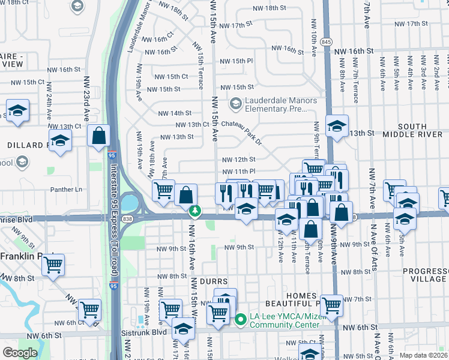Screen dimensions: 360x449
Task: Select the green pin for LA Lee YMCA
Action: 241,319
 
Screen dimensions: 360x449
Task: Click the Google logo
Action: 20,353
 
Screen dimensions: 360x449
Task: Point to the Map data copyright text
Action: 424,355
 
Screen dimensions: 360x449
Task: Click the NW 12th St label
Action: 239,160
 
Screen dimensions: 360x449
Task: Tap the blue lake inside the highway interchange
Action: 128,203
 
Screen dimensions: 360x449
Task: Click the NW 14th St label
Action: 175,113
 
